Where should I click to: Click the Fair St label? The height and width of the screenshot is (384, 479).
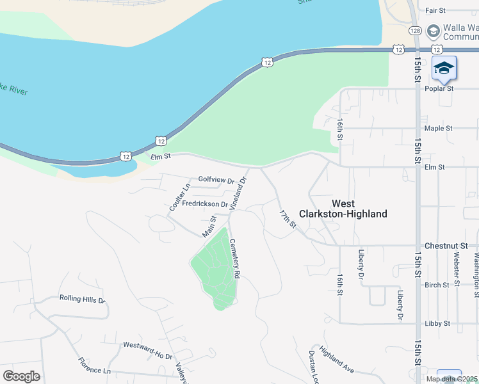coord(435,10)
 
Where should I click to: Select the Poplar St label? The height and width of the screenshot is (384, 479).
coord(440,88)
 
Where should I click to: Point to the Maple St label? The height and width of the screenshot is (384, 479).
coord(438,128)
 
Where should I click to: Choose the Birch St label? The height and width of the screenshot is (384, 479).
coord(437,285)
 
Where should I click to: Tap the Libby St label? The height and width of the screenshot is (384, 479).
coord(438,324)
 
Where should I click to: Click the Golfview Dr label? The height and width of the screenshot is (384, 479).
coord(216,180)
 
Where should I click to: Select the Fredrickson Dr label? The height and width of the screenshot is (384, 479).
coord(205,204)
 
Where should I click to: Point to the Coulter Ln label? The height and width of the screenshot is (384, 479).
coord(180,198)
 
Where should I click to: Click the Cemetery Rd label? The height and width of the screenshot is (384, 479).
coord(234,258)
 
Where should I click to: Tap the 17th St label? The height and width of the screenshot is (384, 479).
coord(288,219)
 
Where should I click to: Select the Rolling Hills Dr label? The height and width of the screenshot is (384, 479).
coord(82,299)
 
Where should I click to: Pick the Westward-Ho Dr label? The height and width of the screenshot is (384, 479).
coord(148,351)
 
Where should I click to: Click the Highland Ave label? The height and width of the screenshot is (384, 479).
coord(337,361)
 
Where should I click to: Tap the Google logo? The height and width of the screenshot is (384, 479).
coord(21,376)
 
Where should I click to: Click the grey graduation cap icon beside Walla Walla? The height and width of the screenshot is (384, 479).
coord(434,30)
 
